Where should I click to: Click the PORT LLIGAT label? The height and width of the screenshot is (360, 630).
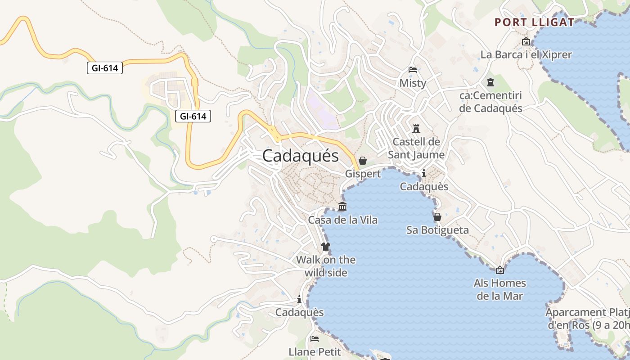click(x=534, y=22)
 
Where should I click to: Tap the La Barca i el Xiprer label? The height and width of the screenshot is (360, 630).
click(x=526, y=55)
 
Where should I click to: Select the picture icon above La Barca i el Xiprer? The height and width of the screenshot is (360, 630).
click(x=526, y=42)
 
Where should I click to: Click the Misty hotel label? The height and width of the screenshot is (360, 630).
click(x=413, y=83)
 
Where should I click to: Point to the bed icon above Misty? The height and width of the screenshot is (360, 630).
click(x=413, y=70)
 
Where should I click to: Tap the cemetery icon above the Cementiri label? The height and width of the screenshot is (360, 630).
click(x=490, y=82)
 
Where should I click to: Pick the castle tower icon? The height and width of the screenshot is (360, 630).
click(x=416, y=129)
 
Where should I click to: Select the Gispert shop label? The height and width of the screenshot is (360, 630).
click(x=363, y=174)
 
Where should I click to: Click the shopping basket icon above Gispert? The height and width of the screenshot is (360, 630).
click(x=363, y=161)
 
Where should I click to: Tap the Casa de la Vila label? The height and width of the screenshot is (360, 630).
click(x=342, y=220)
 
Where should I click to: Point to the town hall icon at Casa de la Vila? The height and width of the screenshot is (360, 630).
click(x=342, y=207)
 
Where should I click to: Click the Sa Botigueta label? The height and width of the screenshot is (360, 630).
click(x=437, y=230)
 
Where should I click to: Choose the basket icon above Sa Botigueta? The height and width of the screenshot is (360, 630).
click(x=437, y=217)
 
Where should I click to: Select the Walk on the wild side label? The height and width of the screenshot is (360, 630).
click(x=326, y=266)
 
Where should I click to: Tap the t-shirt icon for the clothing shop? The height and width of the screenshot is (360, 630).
click(x=326, y=247)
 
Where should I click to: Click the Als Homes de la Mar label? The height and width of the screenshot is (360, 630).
click(x=499, y=289)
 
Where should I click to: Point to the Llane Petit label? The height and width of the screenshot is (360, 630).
click(x=315, y=351)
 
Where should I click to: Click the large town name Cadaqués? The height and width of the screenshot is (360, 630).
click(x=300, y=156)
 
